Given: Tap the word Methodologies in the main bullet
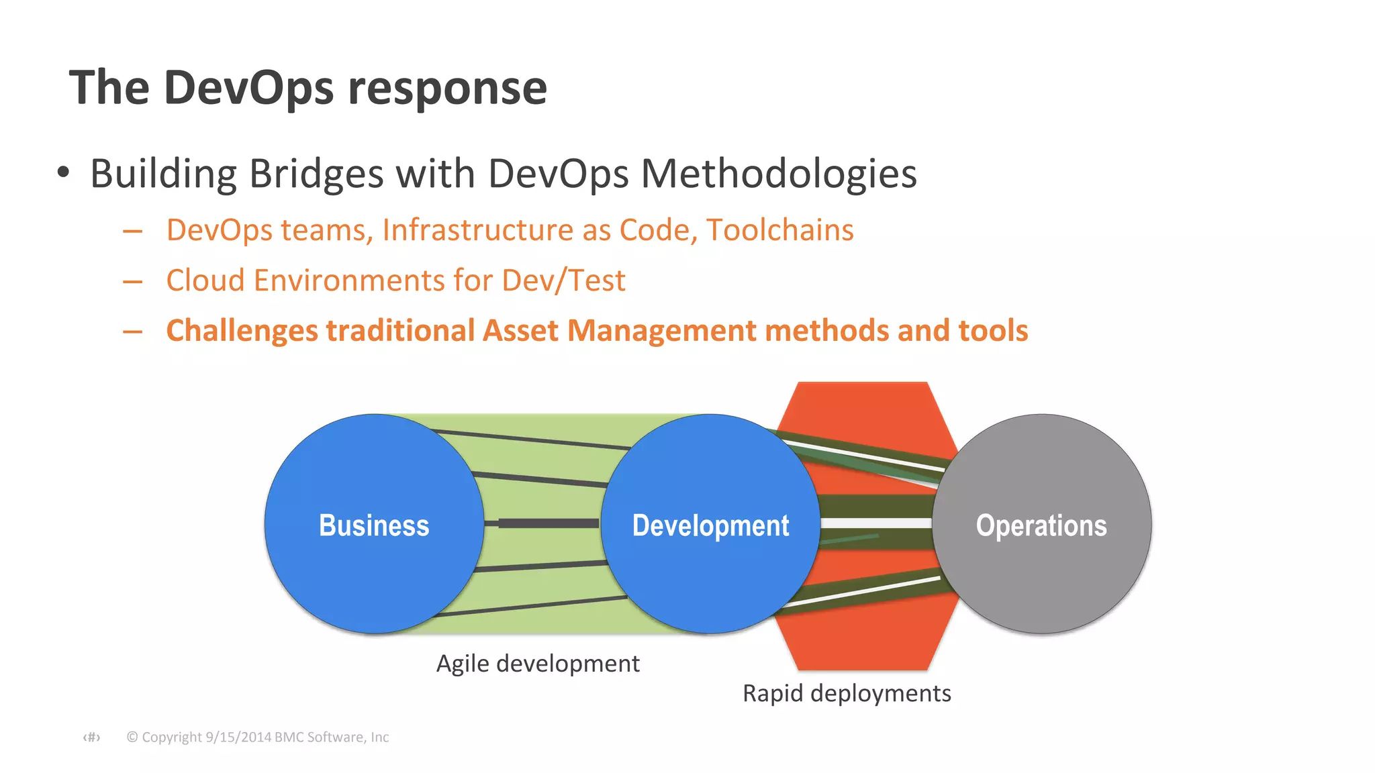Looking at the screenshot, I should click(779, 173).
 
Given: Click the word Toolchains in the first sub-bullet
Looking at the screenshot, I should click(779, 229).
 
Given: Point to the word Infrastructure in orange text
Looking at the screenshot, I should click(477, 229).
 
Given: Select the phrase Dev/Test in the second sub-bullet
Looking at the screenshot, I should click(563, 280).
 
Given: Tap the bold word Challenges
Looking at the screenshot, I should click(242, 331).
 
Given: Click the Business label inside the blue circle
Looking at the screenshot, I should click(374, 525).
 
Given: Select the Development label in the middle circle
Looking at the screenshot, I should click(710, 525).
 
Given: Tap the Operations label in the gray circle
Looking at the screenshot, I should click(1041, 525).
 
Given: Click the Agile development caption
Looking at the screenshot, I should click(538, 663).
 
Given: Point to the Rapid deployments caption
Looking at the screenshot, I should click(847, 692).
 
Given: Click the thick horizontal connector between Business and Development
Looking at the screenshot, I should click(547, 523).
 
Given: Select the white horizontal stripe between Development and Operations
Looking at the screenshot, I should click(875, 523).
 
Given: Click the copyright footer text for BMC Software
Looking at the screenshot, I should click(258, 737).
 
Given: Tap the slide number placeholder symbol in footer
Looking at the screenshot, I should click(91, 737).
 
